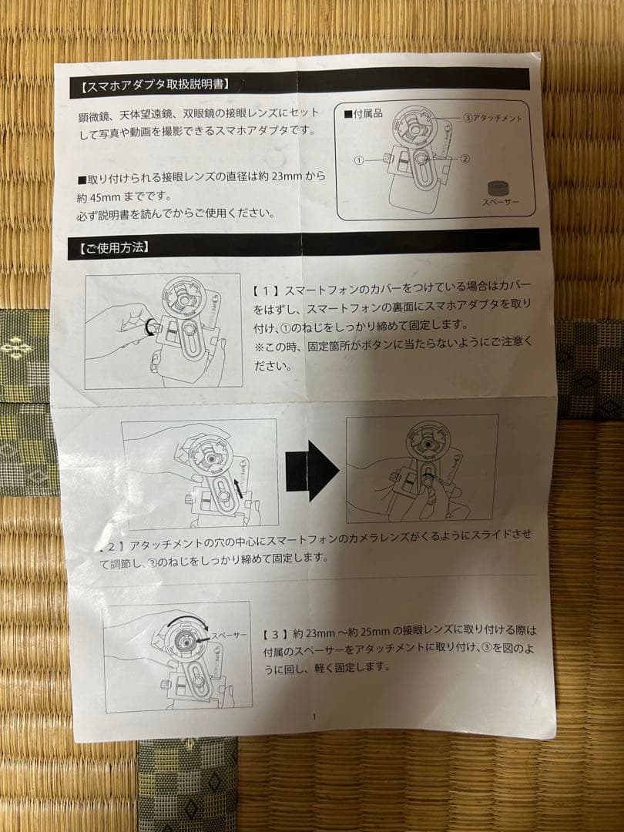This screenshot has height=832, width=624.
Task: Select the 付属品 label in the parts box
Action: point(364,113)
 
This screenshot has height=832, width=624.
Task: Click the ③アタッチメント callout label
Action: point(493,119)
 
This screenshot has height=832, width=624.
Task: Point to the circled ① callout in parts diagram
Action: point(359,159)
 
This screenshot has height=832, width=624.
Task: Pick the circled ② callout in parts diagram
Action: point(465,158)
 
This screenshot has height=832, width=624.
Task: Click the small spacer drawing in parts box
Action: point(498,189)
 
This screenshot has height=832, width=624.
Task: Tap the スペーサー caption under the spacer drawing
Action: point(500,202)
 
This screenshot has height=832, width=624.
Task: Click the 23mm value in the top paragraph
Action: point(287,176)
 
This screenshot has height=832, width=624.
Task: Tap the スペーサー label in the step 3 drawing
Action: point(230,635)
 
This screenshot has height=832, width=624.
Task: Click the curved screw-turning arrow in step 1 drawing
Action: point(149,327)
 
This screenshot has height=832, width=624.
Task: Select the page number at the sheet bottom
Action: point(314,717)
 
